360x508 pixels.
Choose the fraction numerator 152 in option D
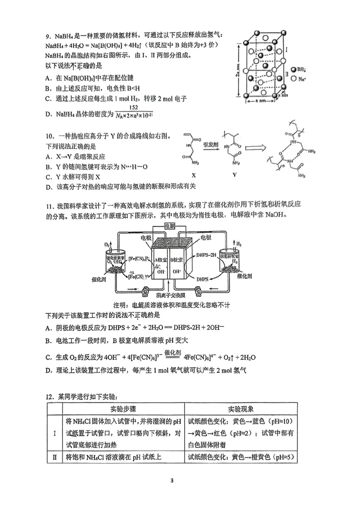133,107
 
